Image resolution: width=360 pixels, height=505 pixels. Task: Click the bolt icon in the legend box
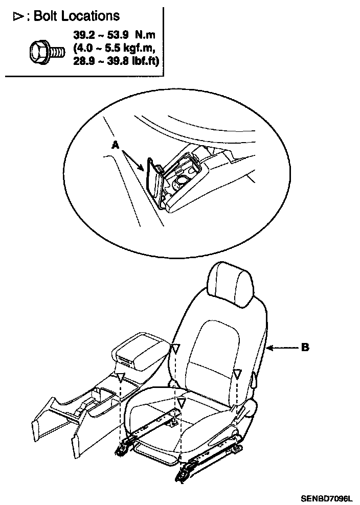46,50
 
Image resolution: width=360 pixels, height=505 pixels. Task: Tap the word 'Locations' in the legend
91,16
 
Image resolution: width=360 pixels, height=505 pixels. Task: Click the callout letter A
116,146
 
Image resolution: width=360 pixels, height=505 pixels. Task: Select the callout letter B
305,347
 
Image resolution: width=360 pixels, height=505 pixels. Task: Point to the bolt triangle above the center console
120,378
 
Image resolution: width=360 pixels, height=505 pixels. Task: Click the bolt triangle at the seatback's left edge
175,349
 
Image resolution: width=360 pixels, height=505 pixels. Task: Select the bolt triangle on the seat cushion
180,402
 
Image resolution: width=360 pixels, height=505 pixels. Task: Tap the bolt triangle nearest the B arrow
237,375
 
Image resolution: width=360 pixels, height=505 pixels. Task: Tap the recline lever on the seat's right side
254,379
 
